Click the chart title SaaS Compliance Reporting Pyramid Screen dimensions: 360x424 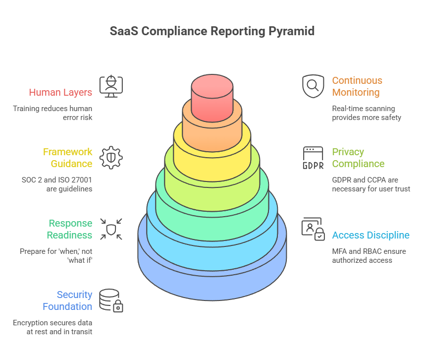(212, 31)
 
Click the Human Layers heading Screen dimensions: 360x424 (60, 92)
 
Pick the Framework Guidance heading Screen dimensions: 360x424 (67, 158)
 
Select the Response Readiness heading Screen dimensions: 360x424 (70, 229)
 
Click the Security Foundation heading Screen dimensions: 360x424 (67, 300)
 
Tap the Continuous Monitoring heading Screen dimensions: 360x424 (357, 86)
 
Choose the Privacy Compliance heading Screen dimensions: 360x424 (358, 158)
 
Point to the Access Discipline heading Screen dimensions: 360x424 (371, 235)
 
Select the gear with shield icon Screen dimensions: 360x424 (111, 158)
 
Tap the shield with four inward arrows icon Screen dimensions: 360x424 (111, 229)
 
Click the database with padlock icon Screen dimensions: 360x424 (111, 300)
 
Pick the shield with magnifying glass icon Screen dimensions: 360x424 (313, 86)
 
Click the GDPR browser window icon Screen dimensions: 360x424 (313, 158)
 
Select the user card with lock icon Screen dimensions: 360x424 (313, 229)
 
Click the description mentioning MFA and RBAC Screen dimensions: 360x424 (369, 255)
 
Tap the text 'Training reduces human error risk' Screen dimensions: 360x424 (53, 113)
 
